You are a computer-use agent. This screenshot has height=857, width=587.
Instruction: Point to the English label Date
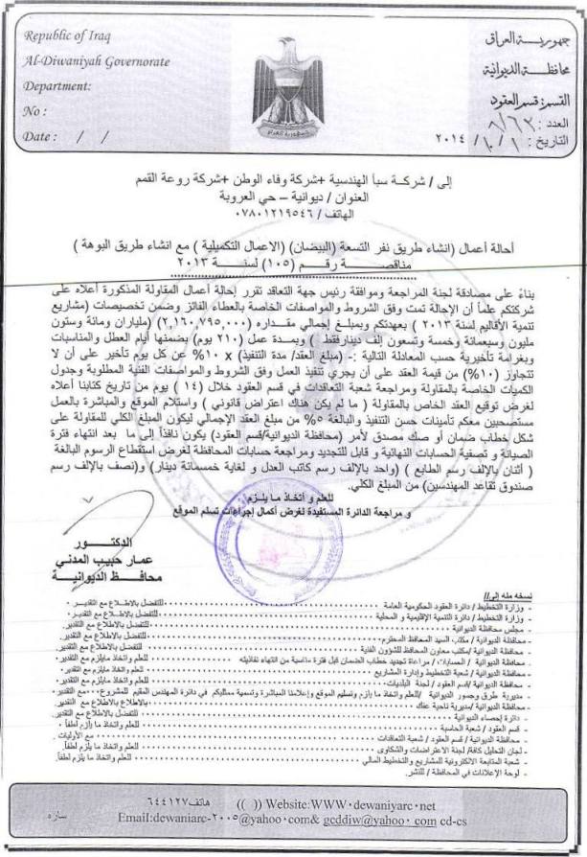pos(39,136)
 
